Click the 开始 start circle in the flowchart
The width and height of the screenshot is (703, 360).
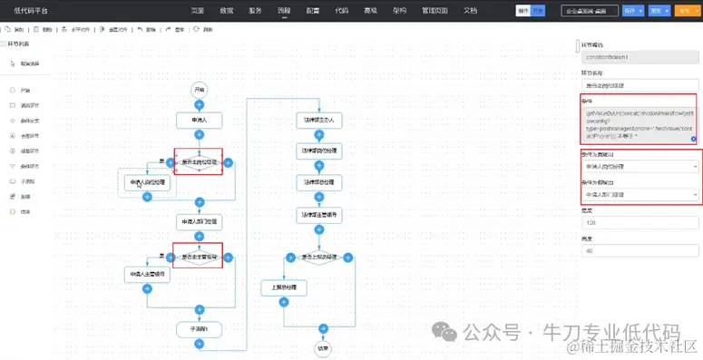(200, 89)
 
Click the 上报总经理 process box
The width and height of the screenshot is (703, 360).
(284, 287)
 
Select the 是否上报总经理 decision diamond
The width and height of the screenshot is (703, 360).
(321, 257)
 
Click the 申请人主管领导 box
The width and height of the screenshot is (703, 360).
(147, 274)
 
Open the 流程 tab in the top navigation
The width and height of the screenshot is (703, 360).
(284, 10)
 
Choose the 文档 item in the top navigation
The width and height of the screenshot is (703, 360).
(470, 10)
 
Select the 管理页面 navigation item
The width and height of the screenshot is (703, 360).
(435, 10)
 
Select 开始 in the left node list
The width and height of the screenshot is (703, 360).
(25, 91)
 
